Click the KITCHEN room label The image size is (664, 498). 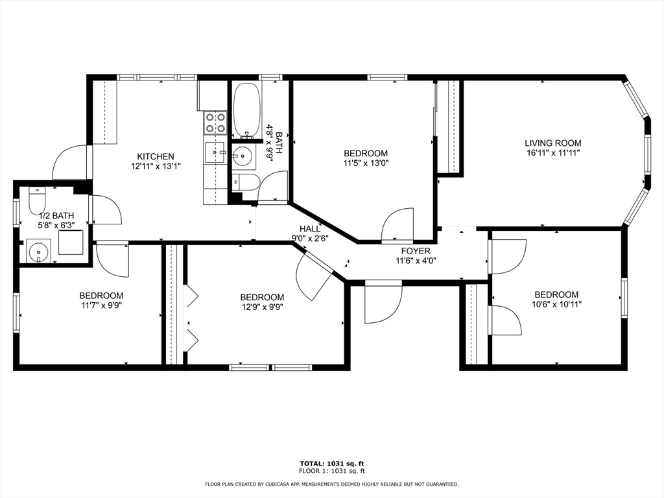click(x=156, y=157)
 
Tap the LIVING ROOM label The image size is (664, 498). click(x=553, y=143)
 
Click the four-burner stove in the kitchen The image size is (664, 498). click(x=215, y=123)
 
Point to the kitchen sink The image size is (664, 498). click(x=216, y=152)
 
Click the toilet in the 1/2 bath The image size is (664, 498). click(x=36, y=201)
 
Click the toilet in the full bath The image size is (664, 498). click(x=244, y=182)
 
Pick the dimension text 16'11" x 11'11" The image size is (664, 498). click(x=553, y=153)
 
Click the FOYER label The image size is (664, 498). click(x=416, y=251)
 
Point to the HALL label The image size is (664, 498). click(x=310, y=229)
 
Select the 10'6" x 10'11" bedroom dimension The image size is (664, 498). click(x=556, y=304)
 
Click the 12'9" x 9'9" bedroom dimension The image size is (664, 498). click(x=262, y=307)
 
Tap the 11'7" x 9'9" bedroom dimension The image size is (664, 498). click(x=101, y=305)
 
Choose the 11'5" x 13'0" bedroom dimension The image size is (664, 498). click(x=366, y=163)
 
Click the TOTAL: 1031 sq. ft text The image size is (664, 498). click(x=331, y=464)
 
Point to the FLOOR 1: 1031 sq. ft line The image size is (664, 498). click(x=331, y=471)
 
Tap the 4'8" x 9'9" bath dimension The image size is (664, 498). click(x=269, y=143)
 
